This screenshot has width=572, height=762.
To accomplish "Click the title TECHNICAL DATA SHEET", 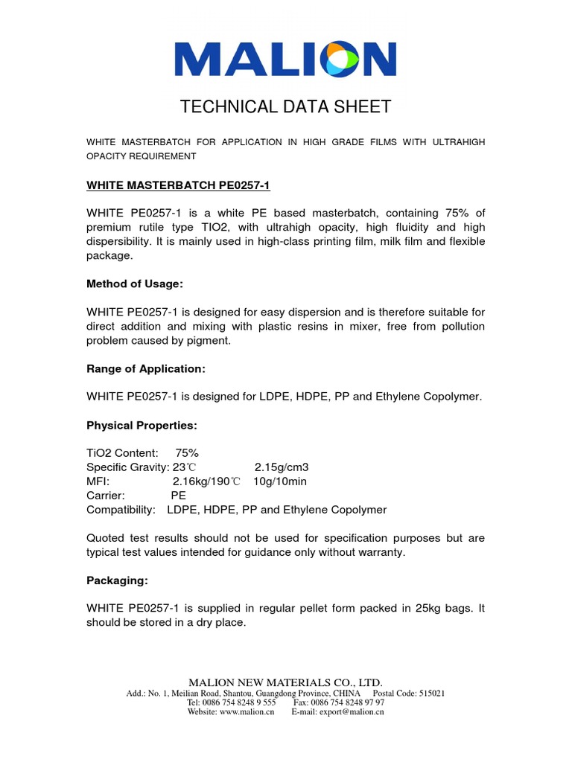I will coord(285,107).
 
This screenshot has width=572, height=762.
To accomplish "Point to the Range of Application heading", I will coord(146,368).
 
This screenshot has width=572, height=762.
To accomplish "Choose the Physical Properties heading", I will coord(142,425).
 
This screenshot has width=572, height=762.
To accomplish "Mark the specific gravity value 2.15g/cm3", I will coord(282,467).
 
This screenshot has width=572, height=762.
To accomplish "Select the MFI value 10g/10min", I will coord(280,481).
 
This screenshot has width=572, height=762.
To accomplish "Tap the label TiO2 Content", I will coord(122,453).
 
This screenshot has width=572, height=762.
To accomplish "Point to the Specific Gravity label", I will coord(127,467).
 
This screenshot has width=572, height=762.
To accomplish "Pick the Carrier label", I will coord(105,496).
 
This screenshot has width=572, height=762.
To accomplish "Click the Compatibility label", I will coord(121,510).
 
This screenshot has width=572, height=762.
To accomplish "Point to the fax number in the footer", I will coord(339,702).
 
